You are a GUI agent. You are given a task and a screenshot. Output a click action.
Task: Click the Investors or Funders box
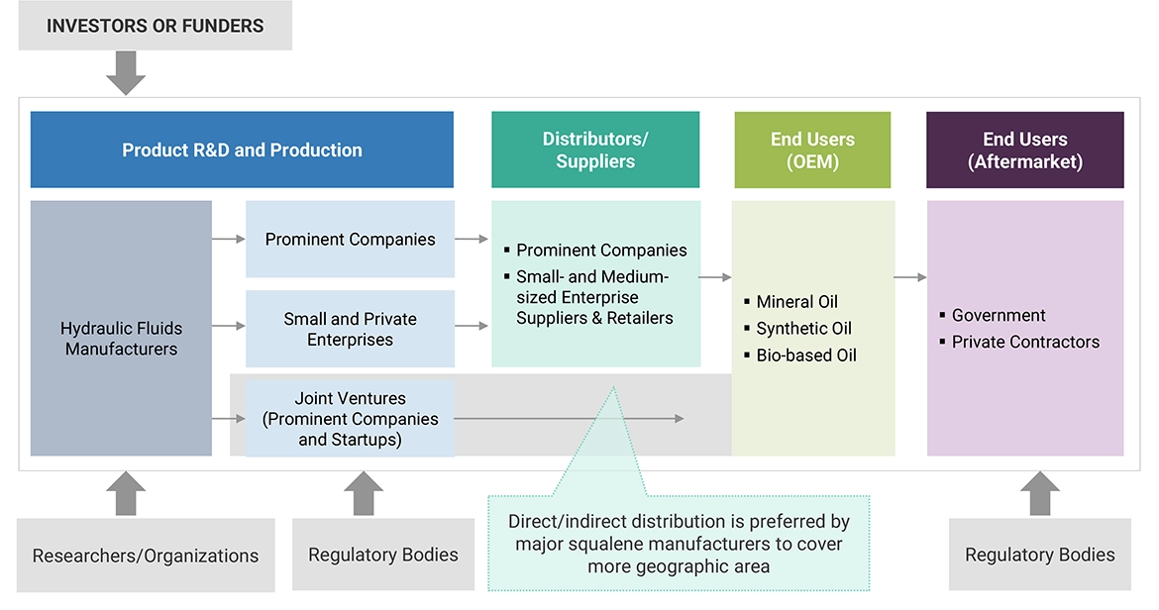[156, 26]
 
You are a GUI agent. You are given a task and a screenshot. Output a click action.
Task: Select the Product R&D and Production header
[242, 151]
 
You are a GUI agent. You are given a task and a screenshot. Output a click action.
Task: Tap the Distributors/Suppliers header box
[595, 151]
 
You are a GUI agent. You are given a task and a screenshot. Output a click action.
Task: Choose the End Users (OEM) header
[812, 151]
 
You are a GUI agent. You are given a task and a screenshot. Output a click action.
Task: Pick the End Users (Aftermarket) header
[1025, 151]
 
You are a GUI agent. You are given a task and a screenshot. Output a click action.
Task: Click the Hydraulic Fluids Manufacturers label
[121, 339]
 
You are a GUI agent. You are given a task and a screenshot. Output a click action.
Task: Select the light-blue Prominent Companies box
[350, 240]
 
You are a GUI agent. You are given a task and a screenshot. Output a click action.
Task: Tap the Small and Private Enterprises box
[350, 329]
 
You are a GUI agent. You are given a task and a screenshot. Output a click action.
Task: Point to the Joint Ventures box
[350, 419]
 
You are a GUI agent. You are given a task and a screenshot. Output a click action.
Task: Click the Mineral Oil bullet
[797, 302]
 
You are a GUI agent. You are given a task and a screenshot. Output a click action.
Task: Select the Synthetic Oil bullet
[803, 329]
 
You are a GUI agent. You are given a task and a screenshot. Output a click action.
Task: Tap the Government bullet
[999, 316]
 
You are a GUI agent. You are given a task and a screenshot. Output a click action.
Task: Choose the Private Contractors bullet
[1025, 343]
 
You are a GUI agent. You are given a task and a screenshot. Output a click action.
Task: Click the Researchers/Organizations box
[146, 556]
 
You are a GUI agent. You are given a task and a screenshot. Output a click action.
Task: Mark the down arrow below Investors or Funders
[126, 73]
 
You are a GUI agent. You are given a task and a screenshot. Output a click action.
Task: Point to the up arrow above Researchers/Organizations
[126, 493]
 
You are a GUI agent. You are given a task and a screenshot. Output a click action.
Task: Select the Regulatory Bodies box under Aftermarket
[1039, 556]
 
